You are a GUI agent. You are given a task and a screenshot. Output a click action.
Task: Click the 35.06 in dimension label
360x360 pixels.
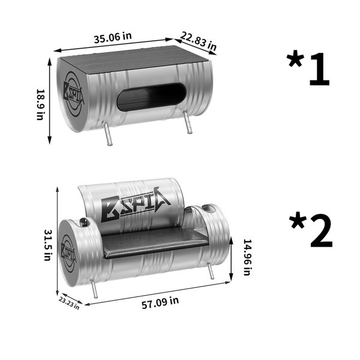(113, 38)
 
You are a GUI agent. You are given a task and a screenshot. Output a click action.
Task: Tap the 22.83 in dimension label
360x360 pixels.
(199, 41)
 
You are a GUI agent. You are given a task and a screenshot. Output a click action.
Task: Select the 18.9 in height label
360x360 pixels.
(40, 104)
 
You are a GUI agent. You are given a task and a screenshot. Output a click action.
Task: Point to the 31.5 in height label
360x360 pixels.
(47, 245)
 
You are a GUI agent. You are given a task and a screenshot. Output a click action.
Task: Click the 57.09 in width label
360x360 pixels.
(160, 302)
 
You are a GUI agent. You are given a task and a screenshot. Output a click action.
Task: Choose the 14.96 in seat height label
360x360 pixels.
(247, 257)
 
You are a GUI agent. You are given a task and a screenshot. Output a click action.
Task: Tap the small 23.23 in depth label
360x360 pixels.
(69, 303)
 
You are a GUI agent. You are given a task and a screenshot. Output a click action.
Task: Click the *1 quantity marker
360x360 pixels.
(308, 69)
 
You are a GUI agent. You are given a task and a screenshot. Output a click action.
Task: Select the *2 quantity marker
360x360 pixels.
(311, 230)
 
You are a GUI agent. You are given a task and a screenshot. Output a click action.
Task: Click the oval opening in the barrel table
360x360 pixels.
(152, 97)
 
